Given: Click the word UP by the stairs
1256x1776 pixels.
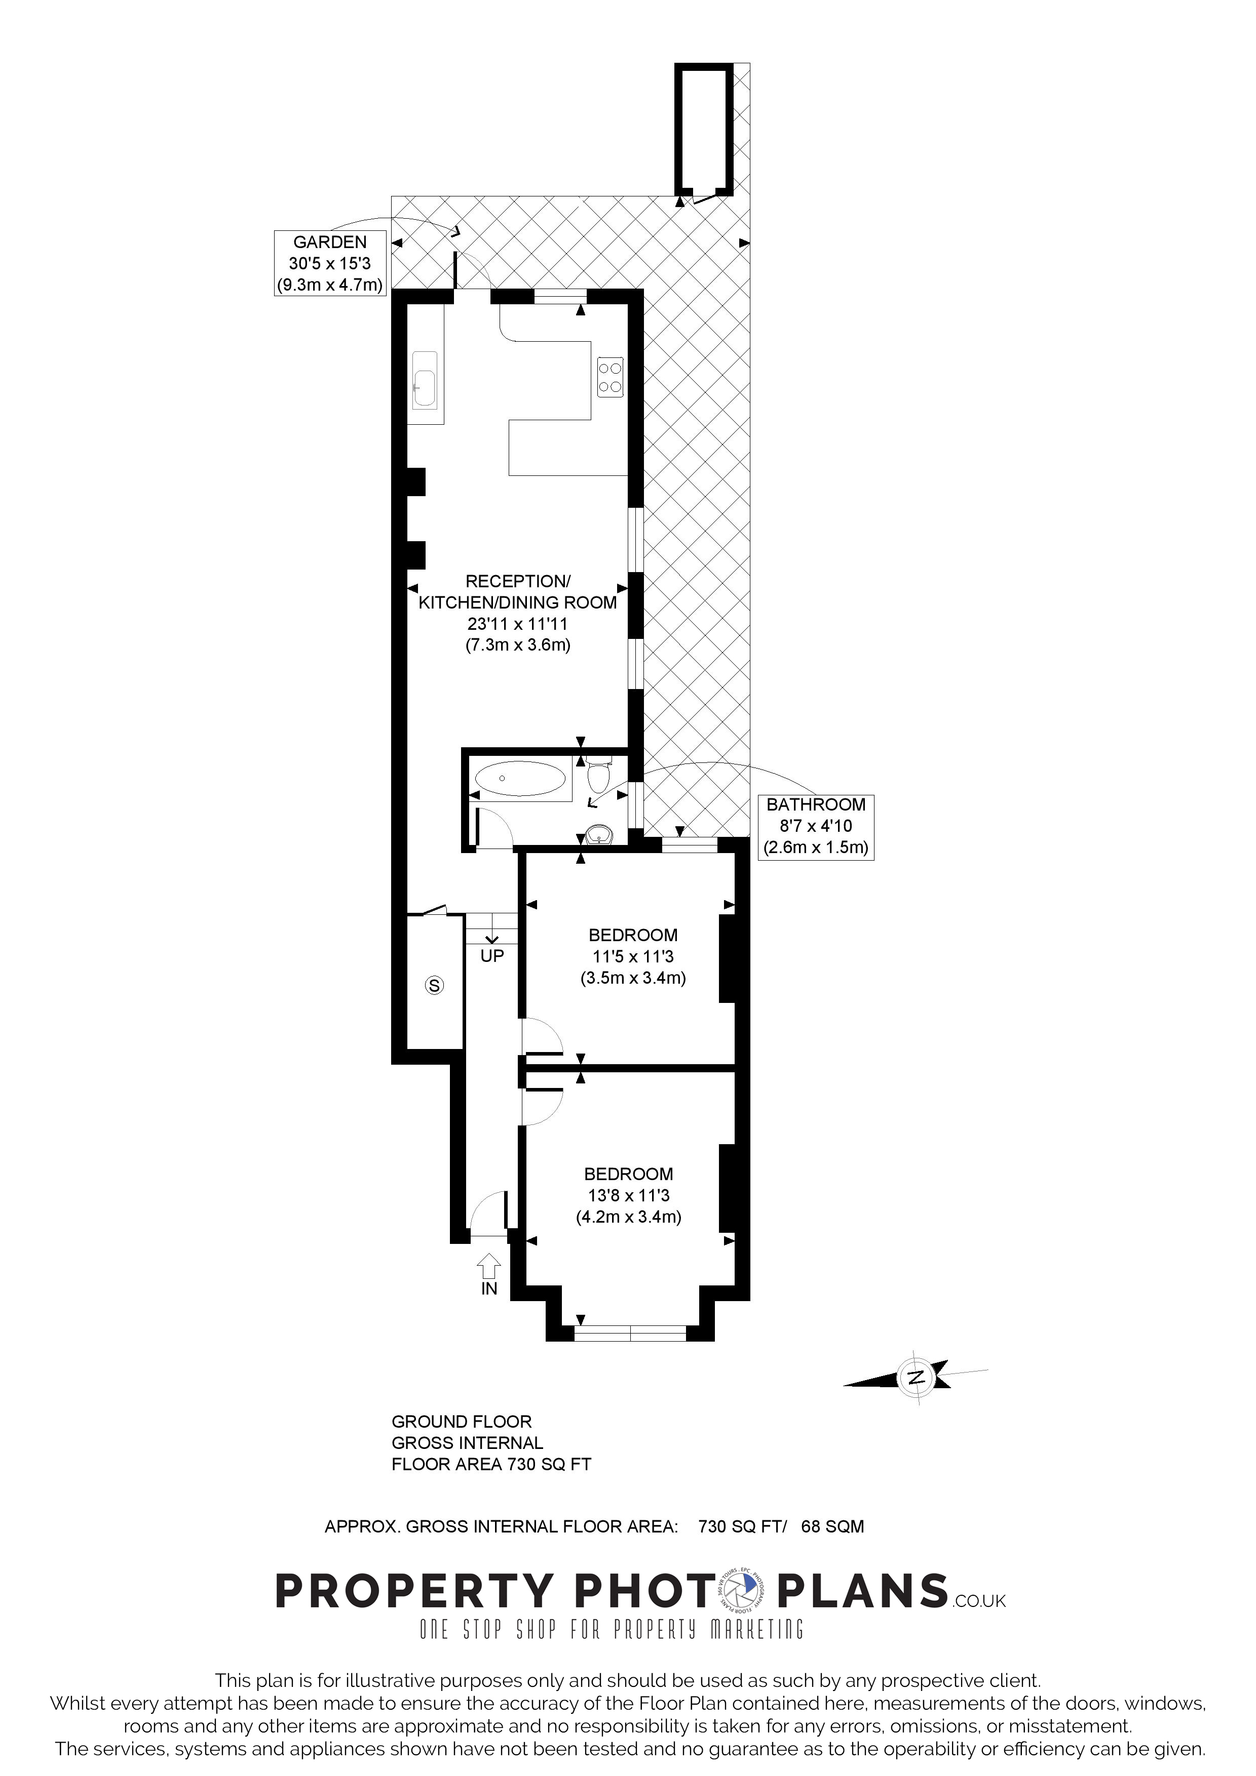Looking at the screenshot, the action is [x=492, y=956].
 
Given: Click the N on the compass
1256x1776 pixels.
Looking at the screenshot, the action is [x=916, y=1377].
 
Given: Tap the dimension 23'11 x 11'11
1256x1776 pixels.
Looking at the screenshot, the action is [x=518, y=623].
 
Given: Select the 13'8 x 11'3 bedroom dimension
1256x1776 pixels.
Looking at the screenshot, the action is [x=628, y=1195].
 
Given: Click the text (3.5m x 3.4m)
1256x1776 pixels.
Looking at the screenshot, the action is [x=633, y=978].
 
